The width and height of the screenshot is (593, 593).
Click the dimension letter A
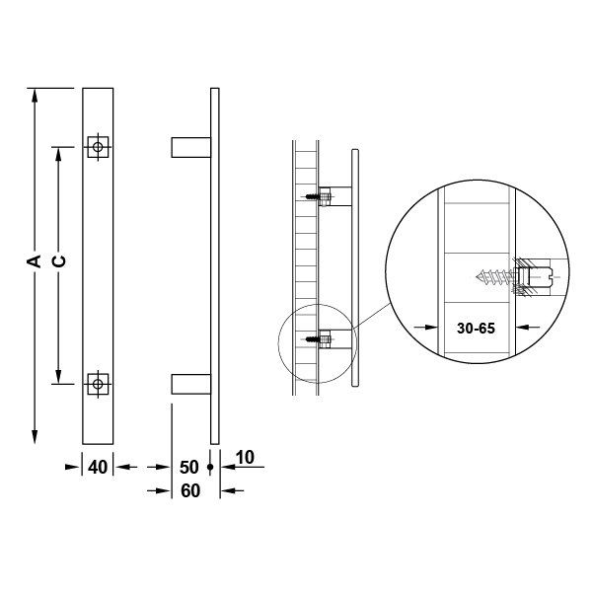coord(34,261)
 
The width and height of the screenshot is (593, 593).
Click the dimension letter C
coord(58,261)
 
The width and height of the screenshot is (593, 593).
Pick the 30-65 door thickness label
coord(479,329)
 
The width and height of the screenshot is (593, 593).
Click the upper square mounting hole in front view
coord(97,146)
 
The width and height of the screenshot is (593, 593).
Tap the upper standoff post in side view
coord(190,146)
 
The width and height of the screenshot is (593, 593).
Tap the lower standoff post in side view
coord(190,384)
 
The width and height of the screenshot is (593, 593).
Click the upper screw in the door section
coord(317,196)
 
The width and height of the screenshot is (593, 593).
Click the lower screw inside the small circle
coord(317,341)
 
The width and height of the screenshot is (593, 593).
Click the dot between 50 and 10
coord(211,468)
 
